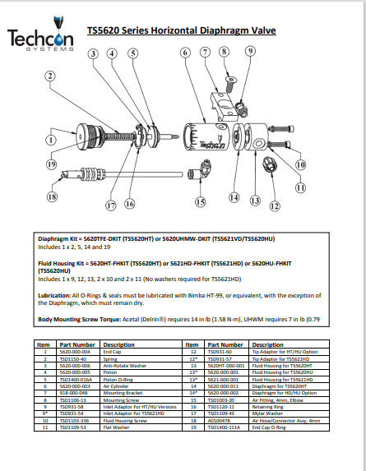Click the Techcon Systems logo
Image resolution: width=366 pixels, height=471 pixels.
(42, 38)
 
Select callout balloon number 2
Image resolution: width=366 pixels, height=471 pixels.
(50, 76)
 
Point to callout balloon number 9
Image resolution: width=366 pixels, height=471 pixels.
(250, 52)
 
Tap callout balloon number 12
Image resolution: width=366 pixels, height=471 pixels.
(274, 205)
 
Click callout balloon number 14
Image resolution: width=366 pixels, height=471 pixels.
(234, 197)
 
